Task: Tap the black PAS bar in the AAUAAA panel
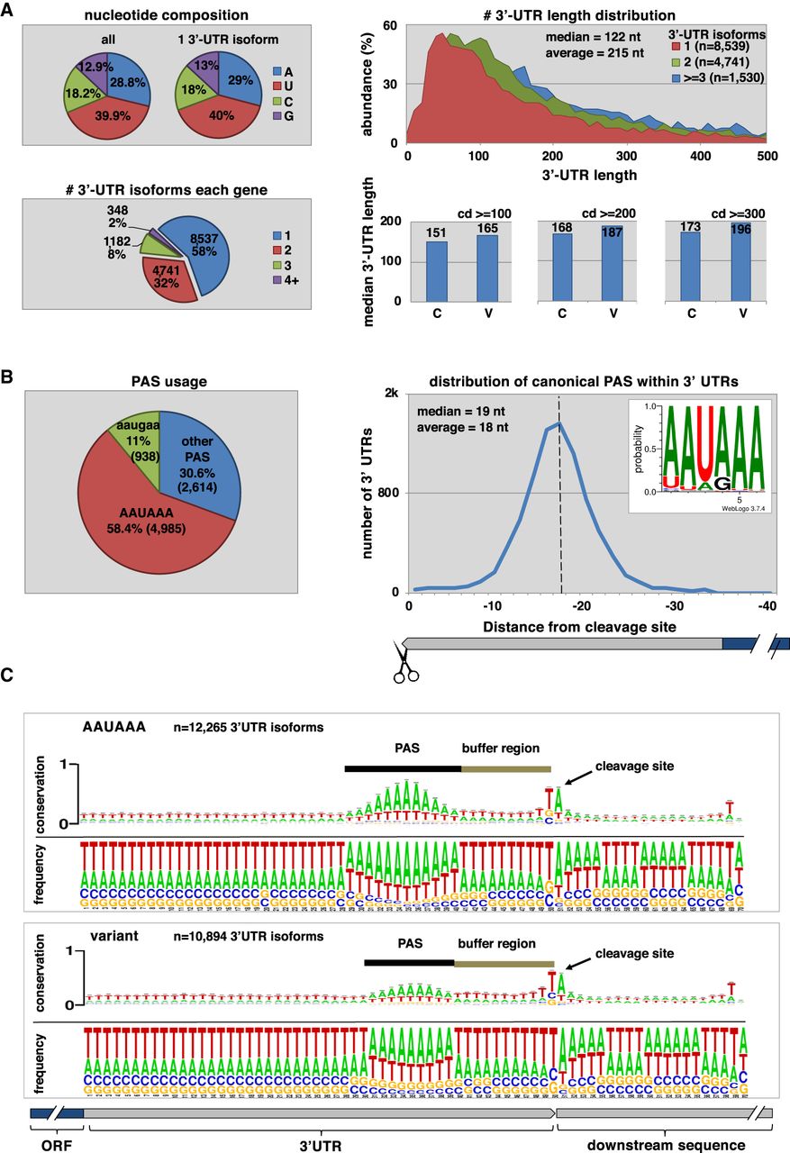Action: [403, 768]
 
